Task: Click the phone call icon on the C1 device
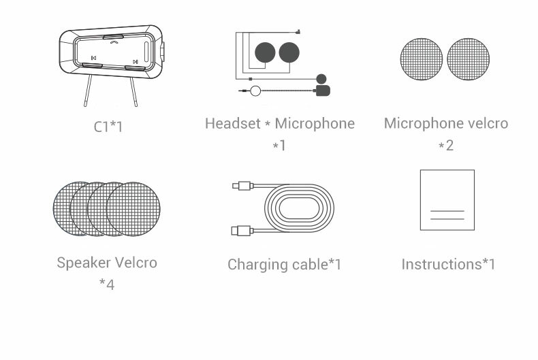point(114,42)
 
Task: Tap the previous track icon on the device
point(93,58)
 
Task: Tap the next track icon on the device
point(136,62)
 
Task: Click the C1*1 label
point(108,127)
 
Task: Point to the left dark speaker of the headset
point(265,52)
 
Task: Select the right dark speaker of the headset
point(289,52)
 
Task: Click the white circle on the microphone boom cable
point(255,91)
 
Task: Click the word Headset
point(233,123)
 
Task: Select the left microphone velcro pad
point(422,59)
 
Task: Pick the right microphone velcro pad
point(469,59)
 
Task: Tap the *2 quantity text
point(446,146)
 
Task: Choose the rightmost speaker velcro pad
point(133,209)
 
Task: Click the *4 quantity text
point(107,284)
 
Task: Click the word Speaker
point(79,263)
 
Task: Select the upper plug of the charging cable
point(242,186)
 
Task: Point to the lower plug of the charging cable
point(242,231)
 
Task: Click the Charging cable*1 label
point(285,264)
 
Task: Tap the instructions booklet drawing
point(447,200)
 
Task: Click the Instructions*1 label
point(449,264)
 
